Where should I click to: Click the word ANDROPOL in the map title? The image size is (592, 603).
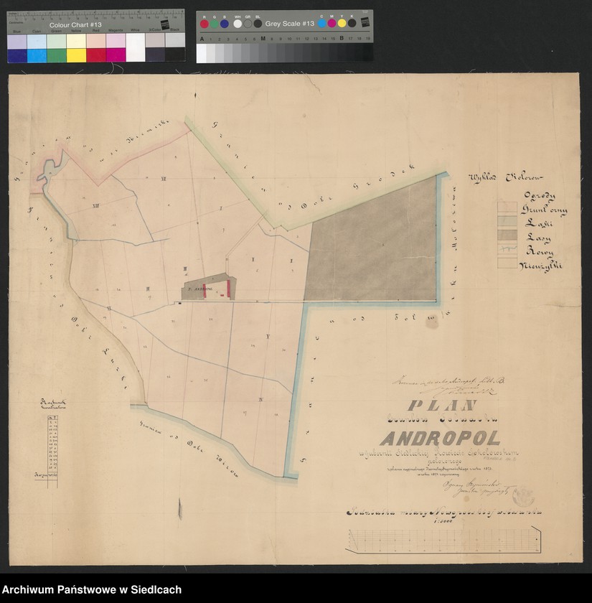click(440, 437)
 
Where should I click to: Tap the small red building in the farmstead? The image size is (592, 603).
click(229, 288)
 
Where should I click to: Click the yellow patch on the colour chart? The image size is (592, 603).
click(75, 55)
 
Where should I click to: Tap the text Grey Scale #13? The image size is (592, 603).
click(290, 24)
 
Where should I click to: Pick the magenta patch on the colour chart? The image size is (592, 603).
click(115, 55)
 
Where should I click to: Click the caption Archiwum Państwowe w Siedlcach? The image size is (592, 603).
click(91, 590)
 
